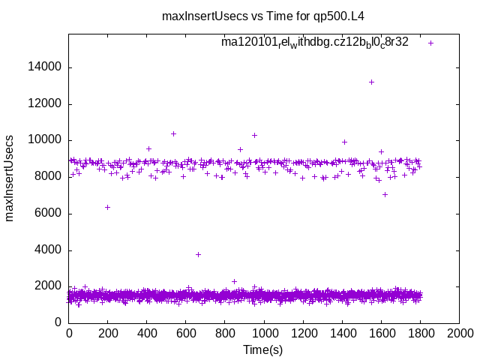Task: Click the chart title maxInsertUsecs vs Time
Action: [263, 16]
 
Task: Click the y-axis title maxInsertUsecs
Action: [10, 178]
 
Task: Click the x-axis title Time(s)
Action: [263, 349]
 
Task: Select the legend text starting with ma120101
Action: [314, 43]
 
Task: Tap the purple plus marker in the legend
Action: [431, 43]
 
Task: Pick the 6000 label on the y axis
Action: [48, 214]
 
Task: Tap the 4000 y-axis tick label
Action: [48, 250]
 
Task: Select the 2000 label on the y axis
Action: [48, 286]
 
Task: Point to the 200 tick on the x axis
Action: [108, 333]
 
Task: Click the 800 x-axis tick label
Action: [225, 333]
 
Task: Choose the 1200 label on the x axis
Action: [303, 333]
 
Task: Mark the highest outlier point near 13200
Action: [371, 82]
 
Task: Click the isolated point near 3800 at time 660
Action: [198, 254]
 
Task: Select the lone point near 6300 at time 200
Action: [107, 207]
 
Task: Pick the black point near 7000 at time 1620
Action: [385, 194]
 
